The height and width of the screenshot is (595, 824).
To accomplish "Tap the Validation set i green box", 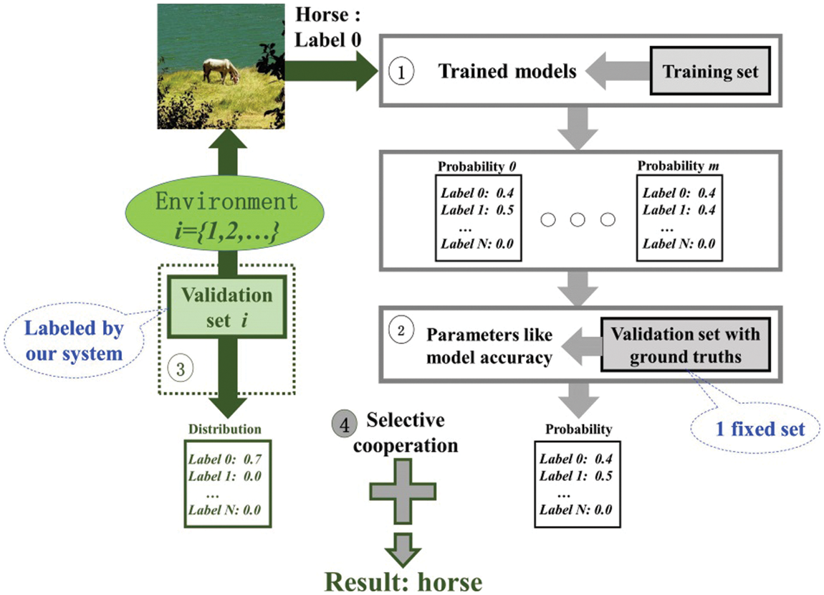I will tap(226, 305).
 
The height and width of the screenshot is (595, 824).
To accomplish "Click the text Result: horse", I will tap(402, 581).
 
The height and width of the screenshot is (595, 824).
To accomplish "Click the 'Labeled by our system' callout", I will tap(75, 341).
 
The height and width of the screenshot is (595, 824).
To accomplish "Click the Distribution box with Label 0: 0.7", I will tap(226, 487).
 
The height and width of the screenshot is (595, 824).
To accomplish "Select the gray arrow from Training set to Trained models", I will tap(615, 72).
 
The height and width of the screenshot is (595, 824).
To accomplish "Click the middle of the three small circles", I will tap(578, 220).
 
